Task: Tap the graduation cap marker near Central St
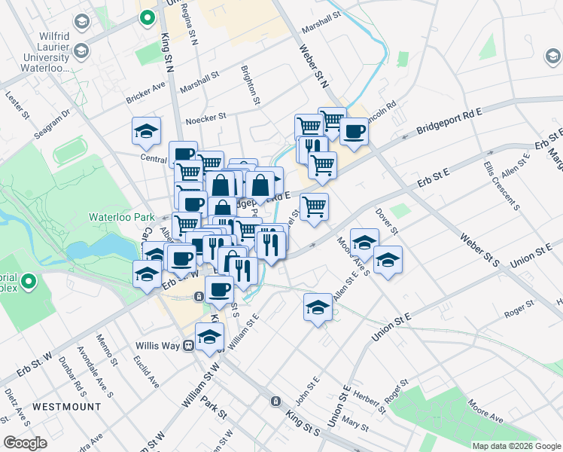[x=147, y=132]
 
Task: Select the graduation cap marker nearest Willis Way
[x=210, y=337]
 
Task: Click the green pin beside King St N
[x=148, y=16]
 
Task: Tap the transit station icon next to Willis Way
[x=188, y=346]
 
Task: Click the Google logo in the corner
[x=25, y=443]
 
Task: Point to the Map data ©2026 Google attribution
[x=516, y=445]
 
